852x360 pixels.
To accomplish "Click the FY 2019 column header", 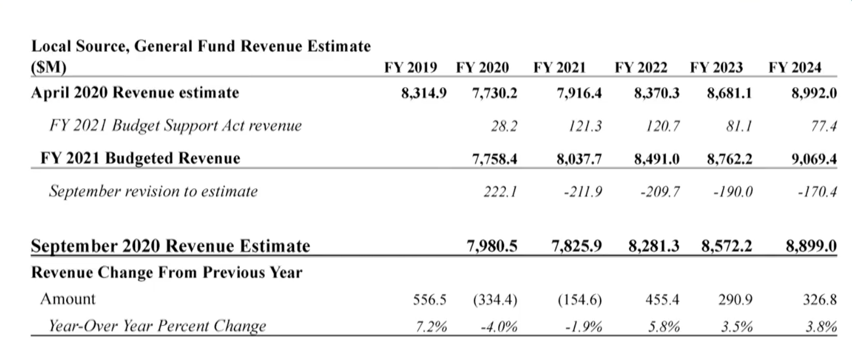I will pyautogui.click(x=410, y=68).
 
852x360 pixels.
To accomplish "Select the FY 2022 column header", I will pyautogui.click(x=641, y=68).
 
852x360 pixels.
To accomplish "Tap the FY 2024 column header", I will pyautogui.click(x=794, y=68).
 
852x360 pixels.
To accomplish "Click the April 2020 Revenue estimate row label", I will pyautogui.click(x=135, y=93).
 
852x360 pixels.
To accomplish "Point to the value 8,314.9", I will pyautogui.click(x=424, y=93).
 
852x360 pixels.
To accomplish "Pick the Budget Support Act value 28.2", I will pyautogui.click(x=504, y=126).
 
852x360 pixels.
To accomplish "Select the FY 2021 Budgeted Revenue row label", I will pyautogui.click(x=140, y=159).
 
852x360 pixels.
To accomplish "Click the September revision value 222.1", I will pyautogui.click(x=500, y=192).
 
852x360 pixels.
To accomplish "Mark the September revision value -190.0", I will pyautogui.click(x=732, y=192).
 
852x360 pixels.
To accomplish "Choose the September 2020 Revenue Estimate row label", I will pyautogui.click(x=170, y=246).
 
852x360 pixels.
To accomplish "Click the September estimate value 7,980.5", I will pyautogui.click(x=492, y=246).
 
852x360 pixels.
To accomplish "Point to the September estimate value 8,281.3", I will pyautogui.click(x=654, y=246).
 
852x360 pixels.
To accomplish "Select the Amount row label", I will pyautogui.click(x=68, y=299).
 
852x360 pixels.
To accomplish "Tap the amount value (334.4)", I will pyautogui.click(x=495, y=300).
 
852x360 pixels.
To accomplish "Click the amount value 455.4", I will pyautogui.click(x=662, y=300).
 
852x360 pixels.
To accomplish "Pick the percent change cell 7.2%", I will pyautogui.click(x=431, y=326).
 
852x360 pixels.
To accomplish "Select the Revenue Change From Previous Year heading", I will pyautogui.click(x=167, y=273).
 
